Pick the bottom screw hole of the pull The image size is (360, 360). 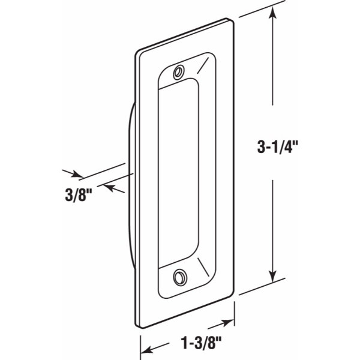(179, 277)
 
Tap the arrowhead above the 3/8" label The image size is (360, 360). (77, 175)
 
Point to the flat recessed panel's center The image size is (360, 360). (178, 174)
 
